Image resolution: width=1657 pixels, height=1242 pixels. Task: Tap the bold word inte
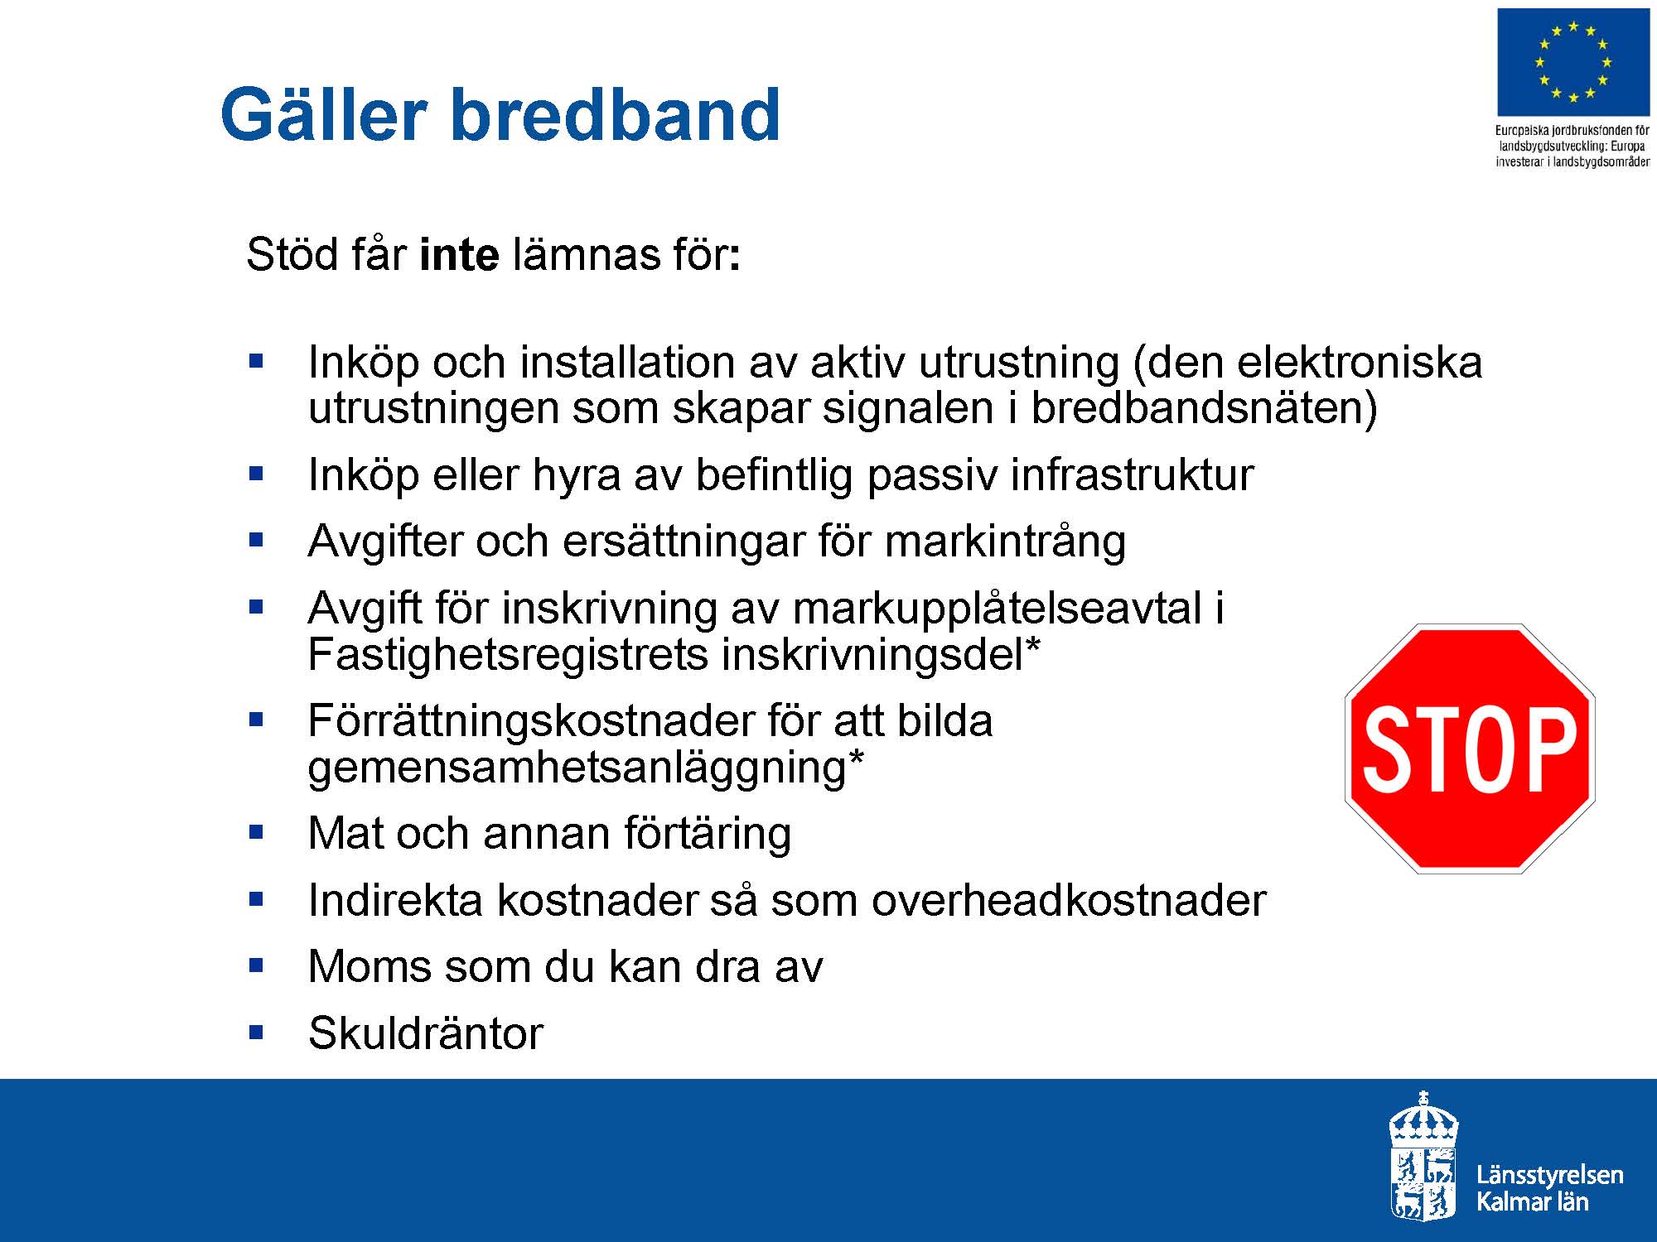click(459, 254)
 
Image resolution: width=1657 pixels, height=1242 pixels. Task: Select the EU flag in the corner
click(1572, 63)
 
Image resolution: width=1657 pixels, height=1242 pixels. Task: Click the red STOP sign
click(1470, 749)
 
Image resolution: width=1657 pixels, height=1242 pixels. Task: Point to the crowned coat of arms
click(1423, 1156)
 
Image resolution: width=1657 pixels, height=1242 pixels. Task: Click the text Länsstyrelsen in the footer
click(1549, 1175)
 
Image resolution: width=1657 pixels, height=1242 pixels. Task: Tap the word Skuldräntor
click(426, 1033)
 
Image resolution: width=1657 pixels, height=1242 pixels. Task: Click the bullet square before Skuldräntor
click(256, 1033)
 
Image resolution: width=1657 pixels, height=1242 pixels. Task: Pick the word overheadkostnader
click(1069, 900)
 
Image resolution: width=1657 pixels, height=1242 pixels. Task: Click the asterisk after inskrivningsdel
click(1032, 643)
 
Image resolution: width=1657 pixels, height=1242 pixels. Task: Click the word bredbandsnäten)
click(1204, 408)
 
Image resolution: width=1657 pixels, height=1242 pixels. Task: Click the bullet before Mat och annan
click(256, 832)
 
